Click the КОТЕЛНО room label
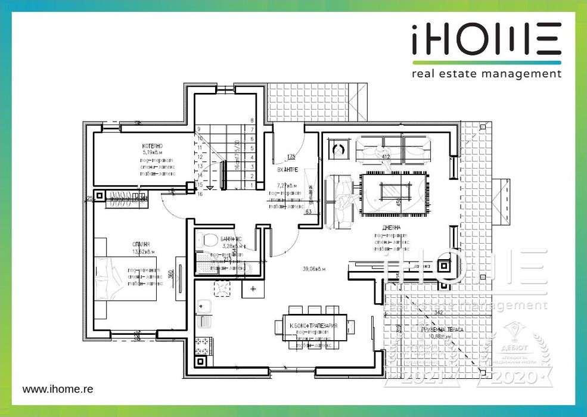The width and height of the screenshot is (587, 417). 153,146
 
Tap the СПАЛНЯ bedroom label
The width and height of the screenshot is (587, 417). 141,244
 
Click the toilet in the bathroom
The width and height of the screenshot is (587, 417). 207,241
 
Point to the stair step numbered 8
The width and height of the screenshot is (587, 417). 253,120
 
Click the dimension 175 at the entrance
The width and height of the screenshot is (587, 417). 291,157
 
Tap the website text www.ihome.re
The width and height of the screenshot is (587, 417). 58,388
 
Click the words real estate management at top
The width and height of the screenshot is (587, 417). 486,74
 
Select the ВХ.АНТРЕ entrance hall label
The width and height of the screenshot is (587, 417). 288,170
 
